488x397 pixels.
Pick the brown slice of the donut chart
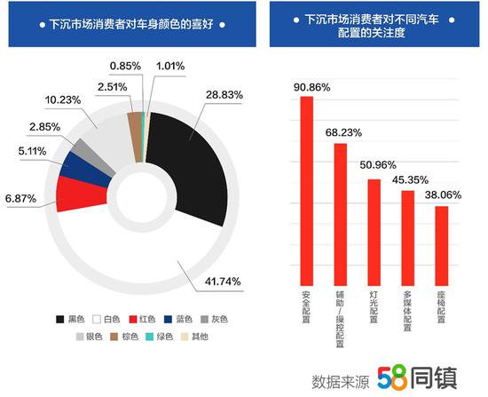135,125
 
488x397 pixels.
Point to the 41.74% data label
221,281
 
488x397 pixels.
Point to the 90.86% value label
307,87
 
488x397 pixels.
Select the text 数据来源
341,380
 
